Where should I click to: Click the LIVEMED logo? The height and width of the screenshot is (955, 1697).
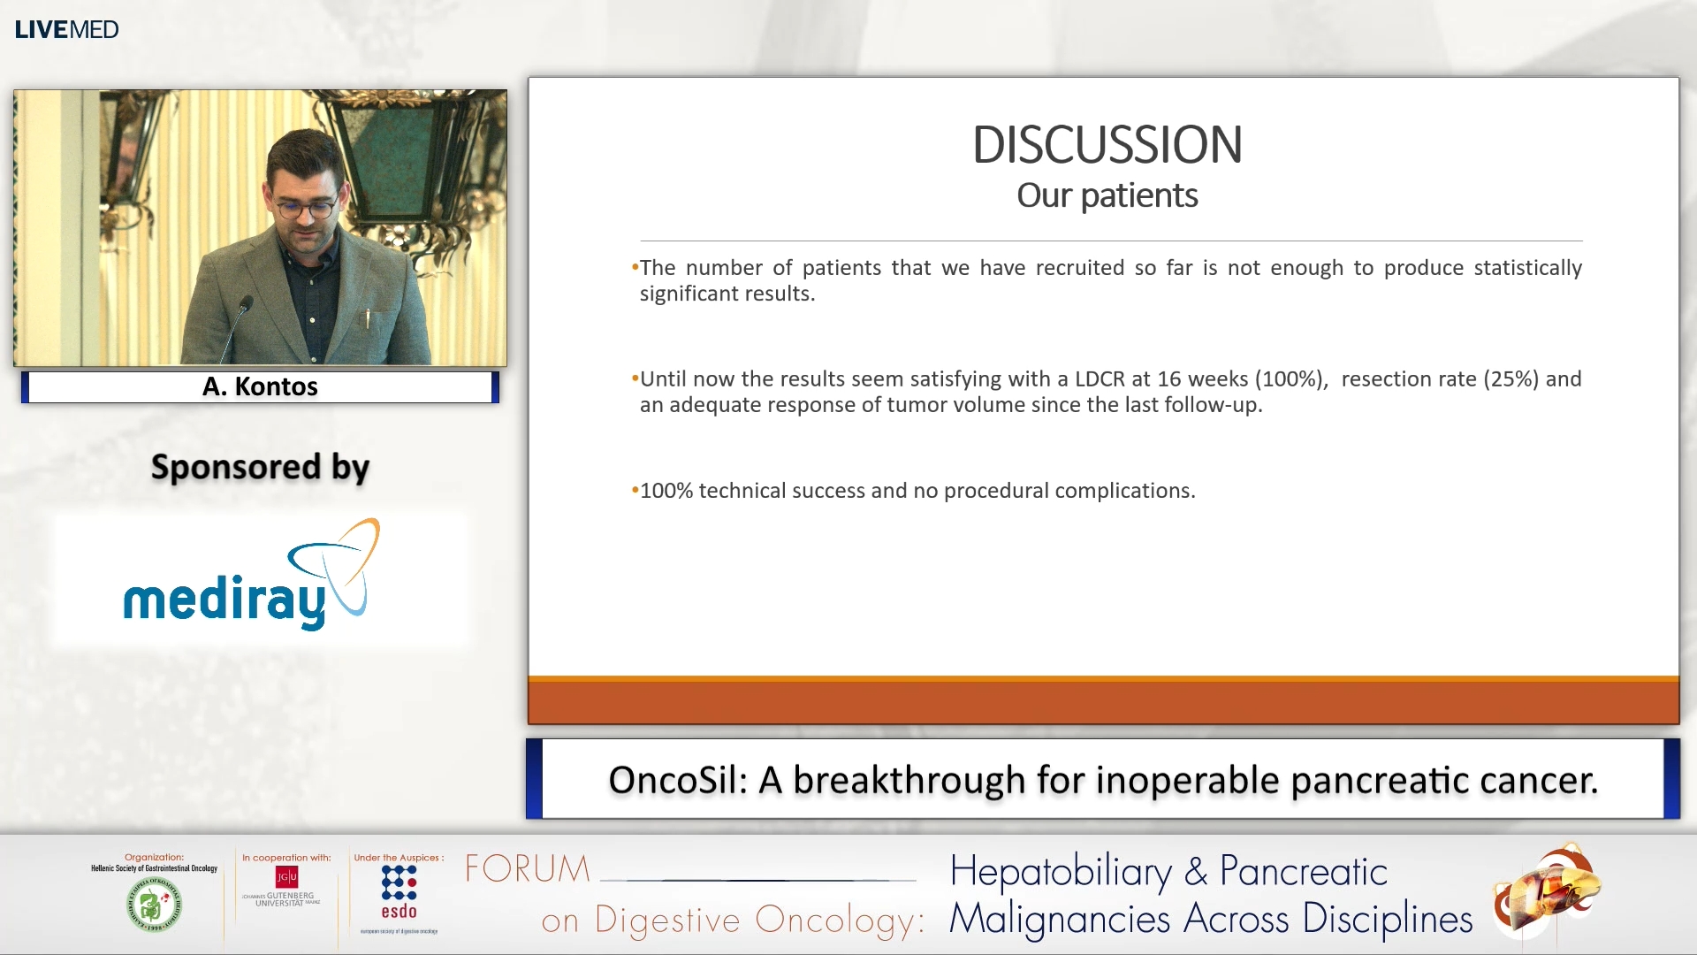click(66, 29)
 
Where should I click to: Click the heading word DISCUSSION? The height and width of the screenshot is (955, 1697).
click(1107, 145)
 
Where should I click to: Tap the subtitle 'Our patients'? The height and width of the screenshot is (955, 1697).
click(1107, 195)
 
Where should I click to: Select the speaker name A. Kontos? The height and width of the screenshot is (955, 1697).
click(260, 386)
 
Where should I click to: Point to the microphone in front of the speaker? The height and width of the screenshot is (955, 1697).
click(245, 306)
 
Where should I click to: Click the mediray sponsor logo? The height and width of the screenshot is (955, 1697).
click(252, 579)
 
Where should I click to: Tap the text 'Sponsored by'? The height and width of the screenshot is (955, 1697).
click(260, 467)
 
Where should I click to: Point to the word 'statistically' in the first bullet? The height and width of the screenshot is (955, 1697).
click(1527, 268)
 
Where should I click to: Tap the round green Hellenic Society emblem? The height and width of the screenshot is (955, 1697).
click(154, 905)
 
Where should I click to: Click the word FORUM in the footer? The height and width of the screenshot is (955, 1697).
click(528, 868)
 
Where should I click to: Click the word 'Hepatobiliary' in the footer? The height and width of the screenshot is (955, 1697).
click(1060, 872)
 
